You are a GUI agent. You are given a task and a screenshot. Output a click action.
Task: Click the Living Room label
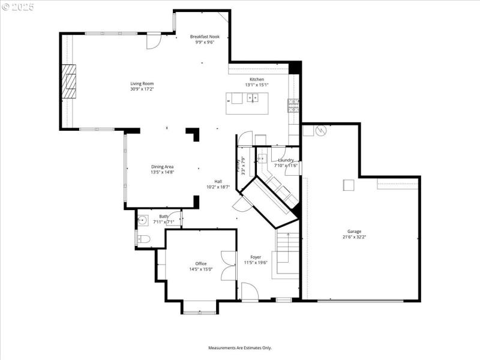142,83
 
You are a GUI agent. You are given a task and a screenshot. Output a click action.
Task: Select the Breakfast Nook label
205,37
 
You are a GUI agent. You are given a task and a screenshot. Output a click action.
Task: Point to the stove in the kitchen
293,106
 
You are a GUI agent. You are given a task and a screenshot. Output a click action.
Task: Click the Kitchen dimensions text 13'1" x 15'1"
256,85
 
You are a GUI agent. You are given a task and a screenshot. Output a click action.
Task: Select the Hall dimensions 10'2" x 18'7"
218,187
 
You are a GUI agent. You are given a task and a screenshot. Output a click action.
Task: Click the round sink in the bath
143,220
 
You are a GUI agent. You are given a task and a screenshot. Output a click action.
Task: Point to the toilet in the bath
142,239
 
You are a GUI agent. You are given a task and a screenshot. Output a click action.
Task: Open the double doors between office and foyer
228,265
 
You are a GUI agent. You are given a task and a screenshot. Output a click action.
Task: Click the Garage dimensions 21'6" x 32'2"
354,237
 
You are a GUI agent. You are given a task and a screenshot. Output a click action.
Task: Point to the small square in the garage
349,185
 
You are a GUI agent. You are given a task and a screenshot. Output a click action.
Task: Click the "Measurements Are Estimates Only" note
240,347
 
